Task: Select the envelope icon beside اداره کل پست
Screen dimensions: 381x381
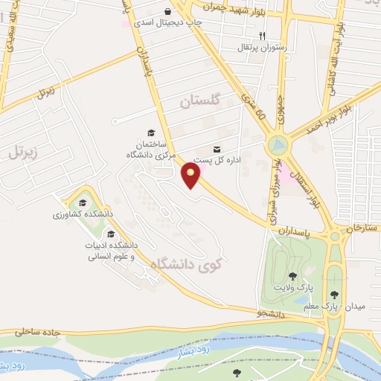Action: pyautogui.click(x=217, y=149)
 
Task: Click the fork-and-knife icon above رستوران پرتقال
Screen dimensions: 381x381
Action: pyautogui.click(x=262, y=35)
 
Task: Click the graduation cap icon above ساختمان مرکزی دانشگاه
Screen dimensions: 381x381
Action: pyautogui.click(x=151, y=132)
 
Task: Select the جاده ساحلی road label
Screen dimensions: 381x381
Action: pyautogui.click(x=34, y=329)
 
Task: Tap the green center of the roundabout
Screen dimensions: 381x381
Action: pyautogui.click(x=278, y=143)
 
